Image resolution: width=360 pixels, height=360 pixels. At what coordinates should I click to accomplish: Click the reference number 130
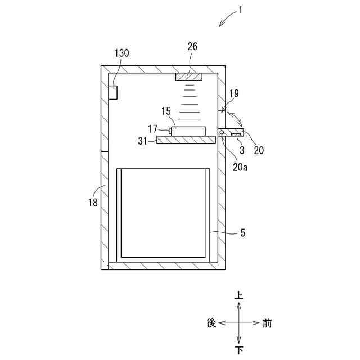121,53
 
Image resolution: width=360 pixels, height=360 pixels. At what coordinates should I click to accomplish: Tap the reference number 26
192,47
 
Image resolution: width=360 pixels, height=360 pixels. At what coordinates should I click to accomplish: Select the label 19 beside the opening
233,94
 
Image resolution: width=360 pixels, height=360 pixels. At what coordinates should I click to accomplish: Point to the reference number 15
166,111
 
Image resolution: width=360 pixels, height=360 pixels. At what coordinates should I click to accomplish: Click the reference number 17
153,129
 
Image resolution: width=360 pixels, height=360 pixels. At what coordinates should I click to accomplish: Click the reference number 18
93,202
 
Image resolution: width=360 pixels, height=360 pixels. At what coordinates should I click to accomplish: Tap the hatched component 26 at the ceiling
189,76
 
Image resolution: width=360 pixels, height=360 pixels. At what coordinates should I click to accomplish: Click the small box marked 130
113,92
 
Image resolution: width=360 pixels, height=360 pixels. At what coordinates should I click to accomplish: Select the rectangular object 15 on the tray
188,132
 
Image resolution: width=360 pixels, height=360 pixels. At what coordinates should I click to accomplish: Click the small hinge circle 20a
223,133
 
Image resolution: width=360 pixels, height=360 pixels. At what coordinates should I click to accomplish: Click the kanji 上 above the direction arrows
240,295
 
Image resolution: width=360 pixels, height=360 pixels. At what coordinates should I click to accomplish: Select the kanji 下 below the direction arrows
240,350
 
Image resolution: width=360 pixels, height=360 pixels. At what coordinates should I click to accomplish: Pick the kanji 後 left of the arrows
211,323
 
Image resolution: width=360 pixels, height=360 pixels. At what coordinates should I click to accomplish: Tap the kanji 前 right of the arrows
267,323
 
